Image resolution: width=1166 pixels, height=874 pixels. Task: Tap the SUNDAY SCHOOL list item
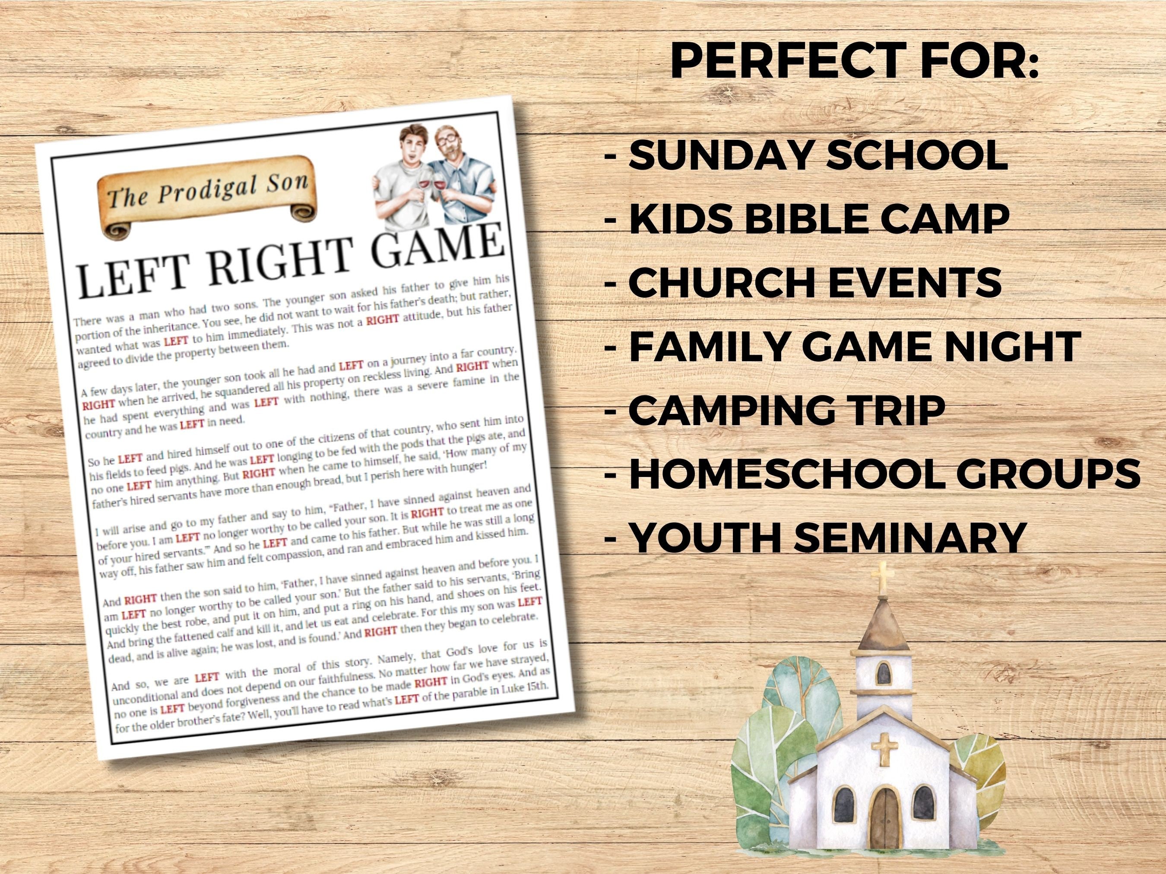(807, 155)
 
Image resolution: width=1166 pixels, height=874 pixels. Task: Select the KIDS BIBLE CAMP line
(807, 218)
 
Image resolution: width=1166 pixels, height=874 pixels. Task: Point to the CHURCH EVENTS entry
(803, 282)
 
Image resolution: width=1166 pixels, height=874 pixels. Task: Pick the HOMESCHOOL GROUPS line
(872, 473)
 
